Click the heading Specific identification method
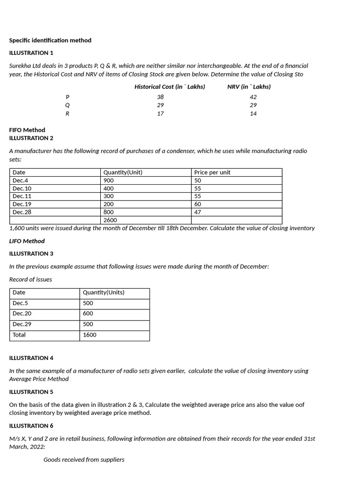(50, 40)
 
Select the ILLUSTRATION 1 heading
(31, 53)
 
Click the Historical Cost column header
(170, 87)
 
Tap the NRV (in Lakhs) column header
(249, 87)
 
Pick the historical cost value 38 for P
(160, 97)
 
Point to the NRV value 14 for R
(253, 114)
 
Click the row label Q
(67, 105)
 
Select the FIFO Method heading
(27, 130)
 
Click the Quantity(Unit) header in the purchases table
(123, 172)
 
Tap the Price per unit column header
(212, 172)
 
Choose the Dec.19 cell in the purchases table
(22, 204)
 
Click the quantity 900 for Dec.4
(109, 180)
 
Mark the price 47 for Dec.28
(198, 212)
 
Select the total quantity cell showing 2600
(111, 220)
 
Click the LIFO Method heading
(27, 241)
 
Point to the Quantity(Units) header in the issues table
(104, 292)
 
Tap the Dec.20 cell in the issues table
(22, 314)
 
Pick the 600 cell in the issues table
(88, 314)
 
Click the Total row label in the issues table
(19, 335)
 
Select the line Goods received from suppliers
(84, 460)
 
